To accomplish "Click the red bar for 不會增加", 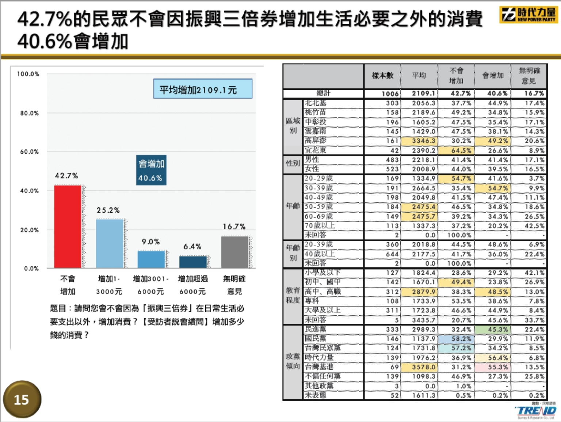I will pos(68,227).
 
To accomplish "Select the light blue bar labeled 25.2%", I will pos(110,243).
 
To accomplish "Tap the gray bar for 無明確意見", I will pos(235,252).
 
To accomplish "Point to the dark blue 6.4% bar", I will pos(193,262).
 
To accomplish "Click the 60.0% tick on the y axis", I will pos(29,152).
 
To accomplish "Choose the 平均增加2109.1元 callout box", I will pos(203,89).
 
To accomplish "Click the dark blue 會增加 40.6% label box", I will pos(151,170).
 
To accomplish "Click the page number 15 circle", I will pos(22,400).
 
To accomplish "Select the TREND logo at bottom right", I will pos(536,411).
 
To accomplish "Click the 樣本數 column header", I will pos(382,76).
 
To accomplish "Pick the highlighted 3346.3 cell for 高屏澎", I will pos(419,141).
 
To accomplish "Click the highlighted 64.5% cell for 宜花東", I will pos(456,151).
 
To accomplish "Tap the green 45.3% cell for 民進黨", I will pos(493,330).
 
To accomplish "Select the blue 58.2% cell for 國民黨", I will pos(456,339).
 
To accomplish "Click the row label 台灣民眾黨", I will pos(323,348).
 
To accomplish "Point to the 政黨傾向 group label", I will pos(293,361).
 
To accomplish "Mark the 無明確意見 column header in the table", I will pos(529,76).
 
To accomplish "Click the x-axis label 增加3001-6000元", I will pos(151,285).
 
